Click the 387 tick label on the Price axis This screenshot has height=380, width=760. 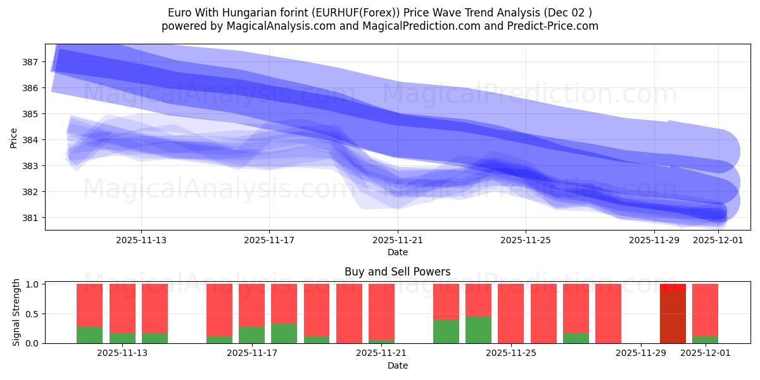pyautogui.click(x=30, y=62)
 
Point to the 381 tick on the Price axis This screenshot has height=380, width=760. pyautogui.click(x=30, y=218)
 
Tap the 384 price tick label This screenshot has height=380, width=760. pyautogui.click(x=30, y=140)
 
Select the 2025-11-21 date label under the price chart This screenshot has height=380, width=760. pyautogui.click(x=398, y=241)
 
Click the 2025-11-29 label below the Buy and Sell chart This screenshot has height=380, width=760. pyautogui.click(x=641, y=353)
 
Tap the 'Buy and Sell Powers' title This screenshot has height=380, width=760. pyautogui.click(x=397, y=272)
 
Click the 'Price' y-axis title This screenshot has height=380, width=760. pyautogui.click(x=14, y=137)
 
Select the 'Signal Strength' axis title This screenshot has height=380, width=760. pyautogui.click(x=16, y=312)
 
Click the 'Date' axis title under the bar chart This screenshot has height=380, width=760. pyautogui.click(x=397, y=365)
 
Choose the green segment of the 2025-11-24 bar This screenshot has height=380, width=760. pyautogui.click(x=478, y=330)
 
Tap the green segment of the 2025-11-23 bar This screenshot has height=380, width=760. pyautogui.click(x=446, y=331)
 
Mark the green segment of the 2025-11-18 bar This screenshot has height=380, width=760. pyautogui.click(x=284, y=333)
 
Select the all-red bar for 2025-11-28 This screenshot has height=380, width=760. pyautogui.click(x=608, y=313)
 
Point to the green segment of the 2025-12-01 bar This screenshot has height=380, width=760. pyautogui.click(x=705, y=339)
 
